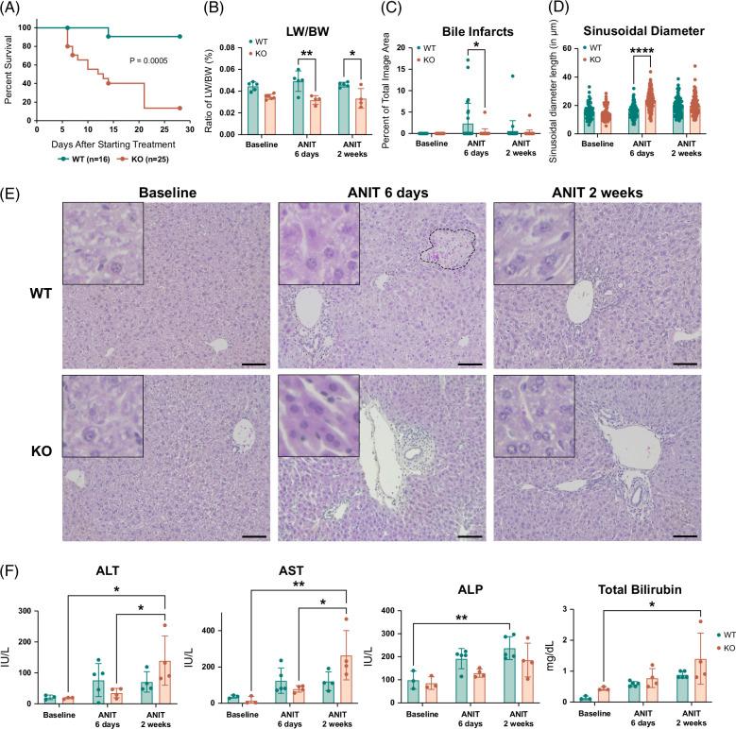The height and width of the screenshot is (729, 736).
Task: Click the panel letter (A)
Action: click(15, 9)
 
